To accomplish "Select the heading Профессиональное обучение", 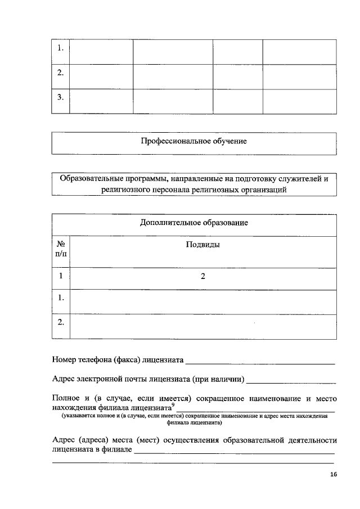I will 194,141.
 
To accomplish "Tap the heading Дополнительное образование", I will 194,223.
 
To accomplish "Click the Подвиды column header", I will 202,245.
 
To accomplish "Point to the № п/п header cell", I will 61,250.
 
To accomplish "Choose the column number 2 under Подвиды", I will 202,276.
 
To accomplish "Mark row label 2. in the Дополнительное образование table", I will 61,322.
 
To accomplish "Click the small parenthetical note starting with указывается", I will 194,420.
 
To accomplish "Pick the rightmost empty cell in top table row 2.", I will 299,73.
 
